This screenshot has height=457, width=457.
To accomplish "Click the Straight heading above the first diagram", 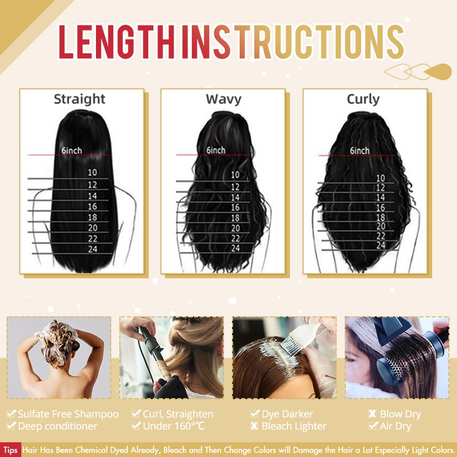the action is [79, 99].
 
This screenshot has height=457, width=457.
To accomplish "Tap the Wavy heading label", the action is [223, 99].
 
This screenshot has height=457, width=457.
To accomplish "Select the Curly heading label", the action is [363, 99].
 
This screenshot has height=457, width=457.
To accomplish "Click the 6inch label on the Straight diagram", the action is [72, 150].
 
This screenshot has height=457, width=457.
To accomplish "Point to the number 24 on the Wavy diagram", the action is [235, 248].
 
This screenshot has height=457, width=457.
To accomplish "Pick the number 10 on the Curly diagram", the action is [380, 178].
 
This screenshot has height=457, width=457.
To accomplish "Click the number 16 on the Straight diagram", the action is [93, 207].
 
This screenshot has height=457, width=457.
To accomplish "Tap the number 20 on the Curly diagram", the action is [380, 226].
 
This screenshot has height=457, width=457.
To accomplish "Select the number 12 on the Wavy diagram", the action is [235, 187].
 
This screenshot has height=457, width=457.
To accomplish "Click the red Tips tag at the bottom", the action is [10, 450].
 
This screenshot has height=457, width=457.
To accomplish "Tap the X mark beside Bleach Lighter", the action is [254, 426].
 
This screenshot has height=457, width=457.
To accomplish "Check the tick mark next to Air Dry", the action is [373, 426].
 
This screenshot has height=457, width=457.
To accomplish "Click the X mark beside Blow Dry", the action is [372, 414].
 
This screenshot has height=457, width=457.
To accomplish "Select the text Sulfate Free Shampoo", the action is [68, 414].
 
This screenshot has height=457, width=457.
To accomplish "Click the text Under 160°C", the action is [174, 426].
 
